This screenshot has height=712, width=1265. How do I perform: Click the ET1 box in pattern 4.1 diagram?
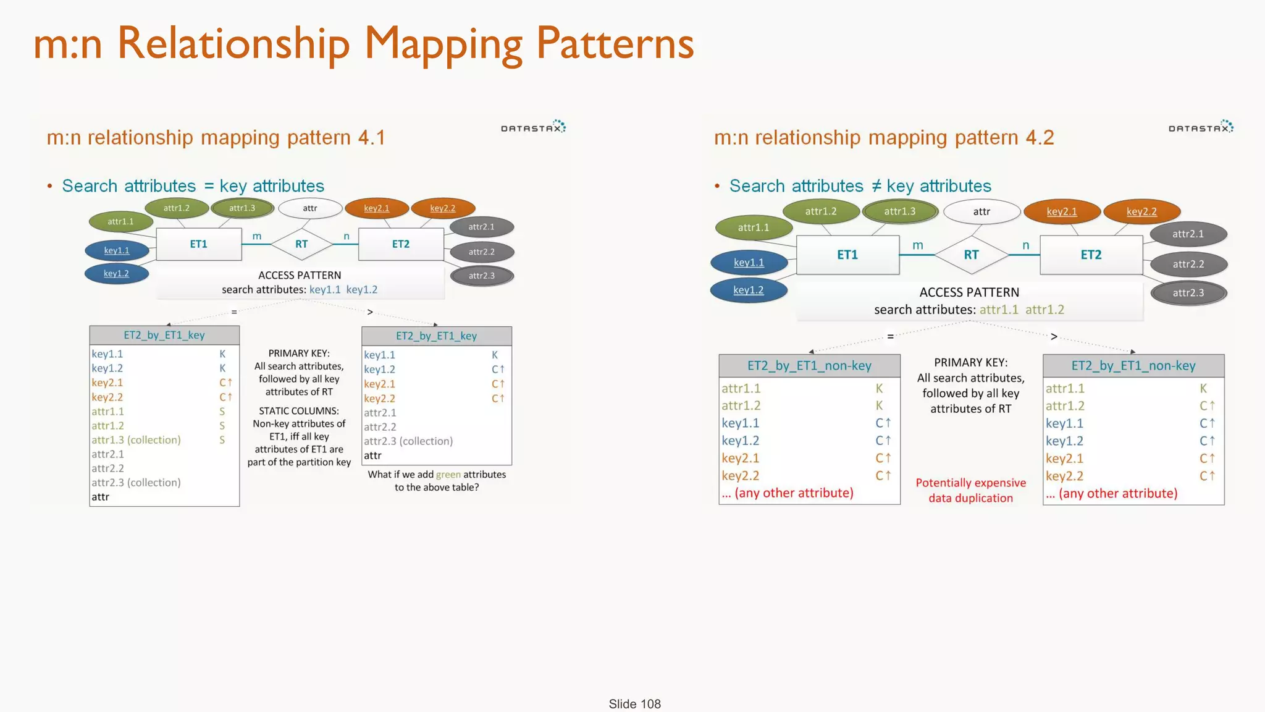[198, 244]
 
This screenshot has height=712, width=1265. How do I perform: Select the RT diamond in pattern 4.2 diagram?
[971, 255]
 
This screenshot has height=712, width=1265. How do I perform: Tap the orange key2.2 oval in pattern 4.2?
[1141, 211]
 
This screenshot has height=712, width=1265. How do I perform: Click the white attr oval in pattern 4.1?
[310, 208]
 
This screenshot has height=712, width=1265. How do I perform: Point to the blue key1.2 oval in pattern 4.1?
[116, 273]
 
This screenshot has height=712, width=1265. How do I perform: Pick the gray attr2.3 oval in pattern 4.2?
[1188, 293]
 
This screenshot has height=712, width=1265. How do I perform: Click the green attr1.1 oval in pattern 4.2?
[754, 227]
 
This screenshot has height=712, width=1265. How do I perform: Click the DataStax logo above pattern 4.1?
[533, 127]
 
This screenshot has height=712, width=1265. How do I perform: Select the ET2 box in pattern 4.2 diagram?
[1091, 255]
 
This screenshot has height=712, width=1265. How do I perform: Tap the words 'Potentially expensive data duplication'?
[970, 490]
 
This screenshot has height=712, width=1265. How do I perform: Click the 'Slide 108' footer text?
[634, 704]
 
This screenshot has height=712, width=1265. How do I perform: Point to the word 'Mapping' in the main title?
[443, 44]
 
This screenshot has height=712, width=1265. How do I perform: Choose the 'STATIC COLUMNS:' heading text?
[299, 411]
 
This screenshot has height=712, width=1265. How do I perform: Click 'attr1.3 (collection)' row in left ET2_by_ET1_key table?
[137, 440]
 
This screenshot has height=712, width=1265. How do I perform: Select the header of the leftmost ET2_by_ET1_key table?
[164, 335]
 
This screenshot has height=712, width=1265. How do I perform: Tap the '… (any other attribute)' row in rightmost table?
[1112, 493]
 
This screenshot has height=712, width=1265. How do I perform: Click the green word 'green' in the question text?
[448, 475]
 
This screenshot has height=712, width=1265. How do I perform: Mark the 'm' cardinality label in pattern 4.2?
[918, 245]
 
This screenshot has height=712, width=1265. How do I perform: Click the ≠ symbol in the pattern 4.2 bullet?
[876, 185]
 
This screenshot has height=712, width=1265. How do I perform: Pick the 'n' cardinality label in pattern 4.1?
[347, 236]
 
